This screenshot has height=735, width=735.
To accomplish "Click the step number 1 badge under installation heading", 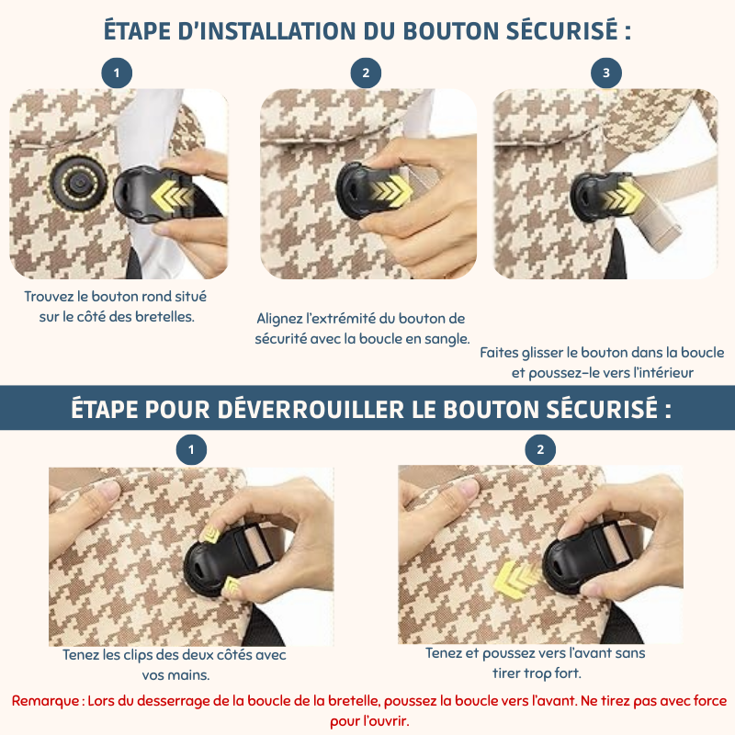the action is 117,73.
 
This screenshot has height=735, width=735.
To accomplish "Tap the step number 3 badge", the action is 606,73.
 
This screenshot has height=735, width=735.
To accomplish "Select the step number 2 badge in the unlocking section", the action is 540,449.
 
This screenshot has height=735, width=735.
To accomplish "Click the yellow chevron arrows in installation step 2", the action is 389,190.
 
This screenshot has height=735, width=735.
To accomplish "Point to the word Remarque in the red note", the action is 45,701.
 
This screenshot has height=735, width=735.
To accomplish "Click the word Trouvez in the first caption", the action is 49,296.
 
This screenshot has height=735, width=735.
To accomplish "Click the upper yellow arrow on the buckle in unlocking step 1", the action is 211,535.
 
